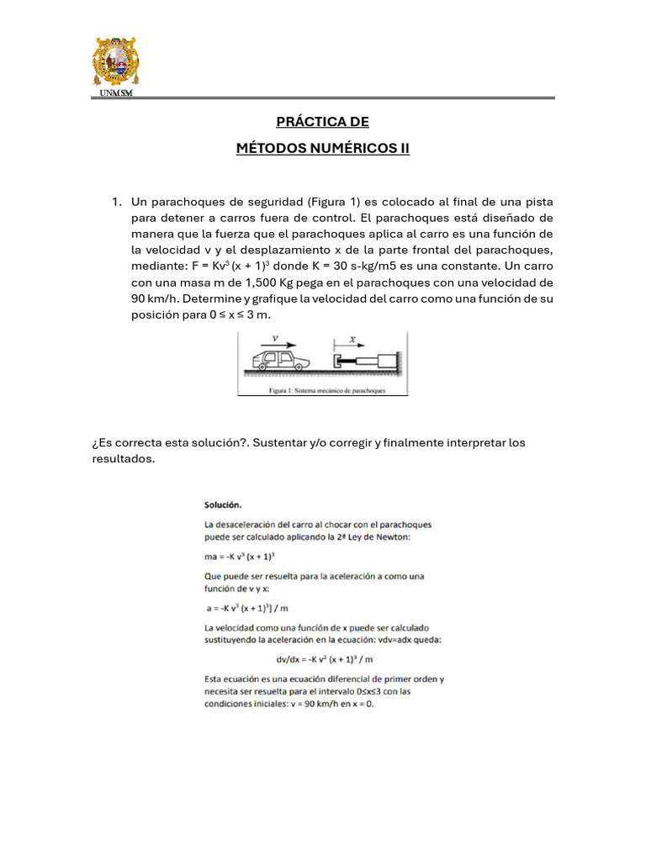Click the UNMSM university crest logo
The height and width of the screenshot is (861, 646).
114,62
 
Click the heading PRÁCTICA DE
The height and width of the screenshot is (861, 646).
323,122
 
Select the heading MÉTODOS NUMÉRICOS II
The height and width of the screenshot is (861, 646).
323,148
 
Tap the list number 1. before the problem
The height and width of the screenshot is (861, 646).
118,202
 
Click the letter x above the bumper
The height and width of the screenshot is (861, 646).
352,339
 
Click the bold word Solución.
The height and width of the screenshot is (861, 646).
223,504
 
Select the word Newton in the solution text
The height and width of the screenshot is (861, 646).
390,538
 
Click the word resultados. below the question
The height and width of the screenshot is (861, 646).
124,458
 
